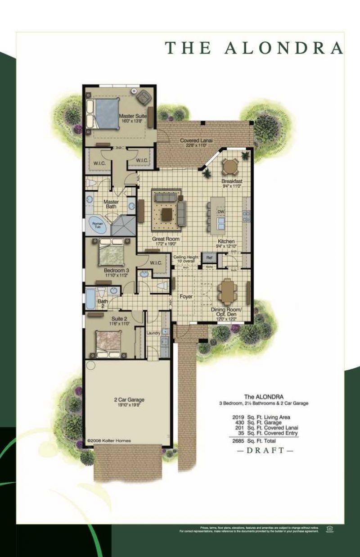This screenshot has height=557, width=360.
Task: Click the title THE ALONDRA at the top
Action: [254, 47]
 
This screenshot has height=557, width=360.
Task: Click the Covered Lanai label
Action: [193, 141]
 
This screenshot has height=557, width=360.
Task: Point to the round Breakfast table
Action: [231, 168]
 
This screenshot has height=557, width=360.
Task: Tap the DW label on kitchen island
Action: [220, 212]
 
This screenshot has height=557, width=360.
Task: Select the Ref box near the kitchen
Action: [209, 258]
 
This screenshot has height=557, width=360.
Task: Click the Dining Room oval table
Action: [226, 291]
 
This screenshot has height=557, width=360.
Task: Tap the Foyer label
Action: [186, 297]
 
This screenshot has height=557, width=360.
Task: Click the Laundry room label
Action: [153, 333]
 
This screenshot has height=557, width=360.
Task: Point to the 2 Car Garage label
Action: [129, 399]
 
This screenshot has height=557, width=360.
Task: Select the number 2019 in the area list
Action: [238, 417]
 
